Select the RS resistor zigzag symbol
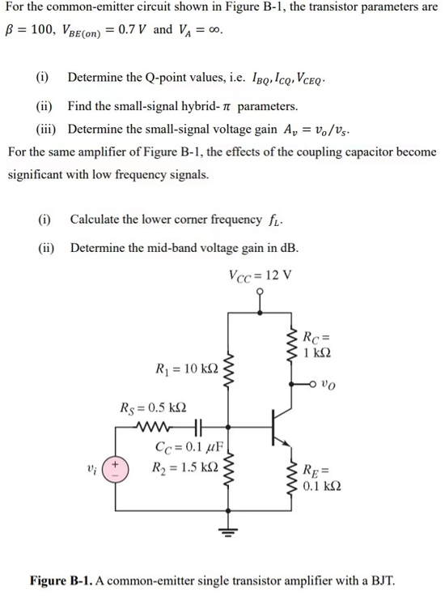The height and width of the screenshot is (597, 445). point(157,425)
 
